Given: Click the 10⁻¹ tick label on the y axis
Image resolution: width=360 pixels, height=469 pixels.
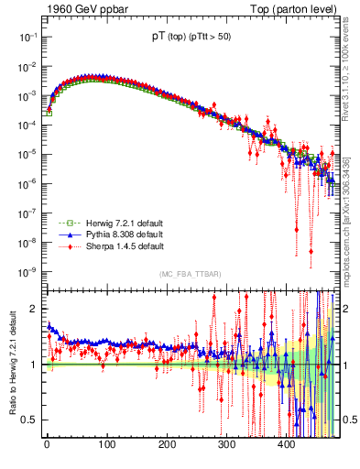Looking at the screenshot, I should coord(27,36).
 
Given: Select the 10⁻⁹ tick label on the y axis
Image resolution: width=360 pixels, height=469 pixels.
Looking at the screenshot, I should coord(27,272).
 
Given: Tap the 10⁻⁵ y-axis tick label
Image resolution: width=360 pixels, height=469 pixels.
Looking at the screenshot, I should coord(27,154).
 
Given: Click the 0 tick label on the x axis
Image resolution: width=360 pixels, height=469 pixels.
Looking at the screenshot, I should coord(47,445).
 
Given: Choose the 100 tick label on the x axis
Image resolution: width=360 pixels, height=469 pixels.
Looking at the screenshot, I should coord(106,445).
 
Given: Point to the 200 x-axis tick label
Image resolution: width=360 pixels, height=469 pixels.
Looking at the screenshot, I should coord(167,445).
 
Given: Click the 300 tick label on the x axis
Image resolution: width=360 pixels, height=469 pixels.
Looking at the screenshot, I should coord(226,445).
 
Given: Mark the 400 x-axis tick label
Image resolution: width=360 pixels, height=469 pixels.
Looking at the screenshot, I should coord(287,445).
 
